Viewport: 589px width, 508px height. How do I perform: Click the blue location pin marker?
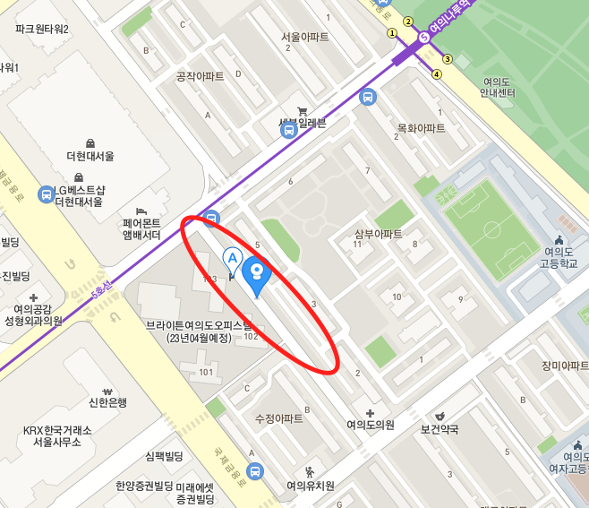point(257,272)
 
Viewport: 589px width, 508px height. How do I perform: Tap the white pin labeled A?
point(233,261)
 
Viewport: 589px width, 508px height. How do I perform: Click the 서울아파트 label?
point(304,38)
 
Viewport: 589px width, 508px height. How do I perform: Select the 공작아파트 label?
point(200,77)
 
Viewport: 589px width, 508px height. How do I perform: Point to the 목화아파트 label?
point(421,128)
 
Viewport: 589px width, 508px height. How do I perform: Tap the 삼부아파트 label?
point(378,234)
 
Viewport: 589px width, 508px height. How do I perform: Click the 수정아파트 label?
point(278,418)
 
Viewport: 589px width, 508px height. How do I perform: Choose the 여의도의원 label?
point(371,425)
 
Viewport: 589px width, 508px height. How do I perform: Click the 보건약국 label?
point(440,429)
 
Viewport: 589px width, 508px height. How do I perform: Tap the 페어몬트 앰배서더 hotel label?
point(141,228)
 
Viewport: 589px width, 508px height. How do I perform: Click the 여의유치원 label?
point(310,486)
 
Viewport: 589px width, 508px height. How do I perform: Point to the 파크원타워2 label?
point(42,29)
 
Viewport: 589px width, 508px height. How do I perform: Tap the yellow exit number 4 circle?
point(437,74)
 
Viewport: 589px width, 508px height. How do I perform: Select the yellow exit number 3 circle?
point(448,59)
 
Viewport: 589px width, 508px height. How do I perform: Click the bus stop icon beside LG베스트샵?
point(46,194)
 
